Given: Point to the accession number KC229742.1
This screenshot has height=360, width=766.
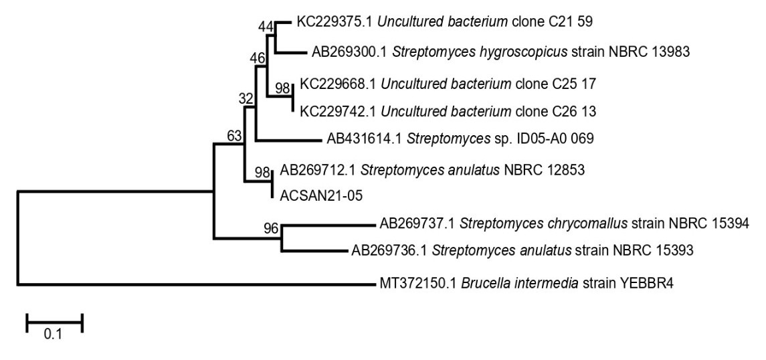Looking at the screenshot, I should [330, 110].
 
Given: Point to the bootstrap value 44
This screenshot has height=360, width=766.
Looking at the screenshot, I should [266, 26].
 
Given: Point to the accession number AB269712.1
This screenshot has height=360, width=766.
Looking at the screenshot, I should [313, 170].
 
